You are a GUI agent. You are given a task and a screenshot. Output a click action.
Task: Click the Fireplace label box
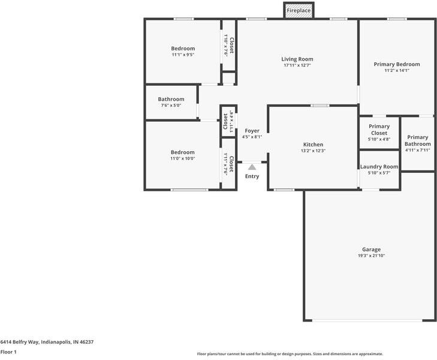298,11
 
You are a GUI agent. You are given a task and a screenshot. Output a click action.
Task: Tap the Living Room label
297,59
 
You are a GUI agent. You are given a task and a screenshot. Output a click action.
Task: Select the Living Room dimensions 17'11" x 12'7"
297,65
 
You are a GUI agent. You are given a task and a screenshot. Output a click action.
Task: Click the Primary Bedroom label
396,64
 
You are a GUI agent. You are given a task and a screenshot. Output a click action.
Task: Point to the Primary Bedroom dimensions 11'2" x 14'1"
396,70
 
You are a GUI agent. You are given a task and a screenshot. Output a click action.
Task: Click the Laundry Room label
379,166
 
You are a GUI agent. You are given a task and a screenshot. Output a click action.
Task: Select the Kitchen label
313,145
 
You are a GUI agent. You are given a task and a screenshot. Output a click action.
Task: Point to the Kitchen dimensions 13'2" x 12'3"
313,151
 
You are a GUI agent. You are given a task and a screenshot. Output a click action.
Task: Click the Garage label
371,250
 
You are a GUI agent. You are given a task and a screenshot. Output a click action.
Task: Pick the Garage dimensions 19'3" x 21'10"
371,256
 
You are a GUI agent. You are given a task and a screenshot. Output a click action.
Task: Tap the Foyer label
252,131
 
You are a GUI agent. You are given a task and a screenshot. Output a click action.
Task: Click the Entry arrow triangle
252,167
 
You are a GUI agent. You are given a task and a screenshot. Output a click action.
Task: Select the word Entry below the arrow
252,176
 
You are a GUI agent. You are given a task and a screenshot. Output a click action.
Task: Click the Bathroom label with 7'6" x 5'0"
171,99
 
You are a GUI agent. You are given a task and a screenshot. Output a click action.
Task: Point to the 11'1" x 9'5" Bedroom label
183,49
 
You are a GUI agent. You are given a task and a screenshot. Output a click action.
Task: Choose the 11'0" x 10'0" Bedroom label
182,152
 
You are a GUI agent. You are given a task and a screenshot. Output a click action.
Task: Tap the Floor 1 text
8,352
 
